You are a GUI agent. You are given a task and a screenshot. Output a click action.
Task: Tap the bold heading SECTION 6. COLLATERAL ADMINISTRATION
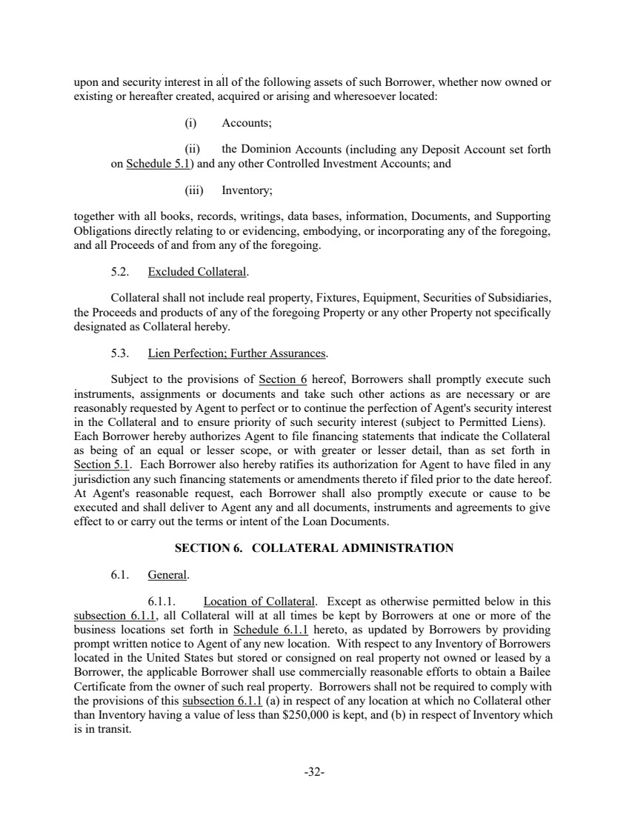pyautogui.click(x=313, y=548)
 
